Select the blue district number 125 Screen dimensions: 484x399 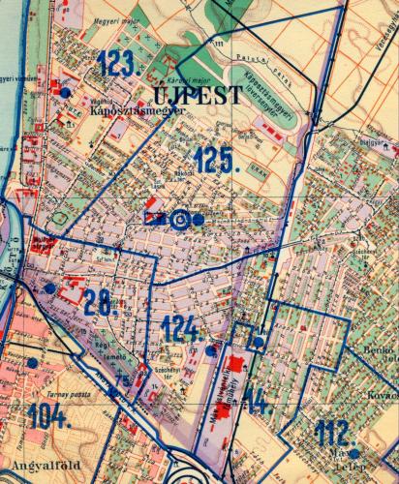(x=215, y=159)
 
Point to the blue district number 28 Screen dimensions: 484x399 (x=100, y=302)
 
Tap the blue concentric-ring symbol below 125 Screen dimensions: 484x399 (x=179, y=220)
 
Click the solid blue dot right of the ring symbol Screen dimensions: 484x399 (x=199, y=220)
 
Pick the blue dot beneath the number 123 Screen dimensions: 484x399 (x=65, y=92)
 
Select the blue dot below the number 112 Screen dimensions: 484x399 (x=354, y=453)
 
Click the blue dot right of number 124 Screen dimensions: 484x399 (x=211, y=349)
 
